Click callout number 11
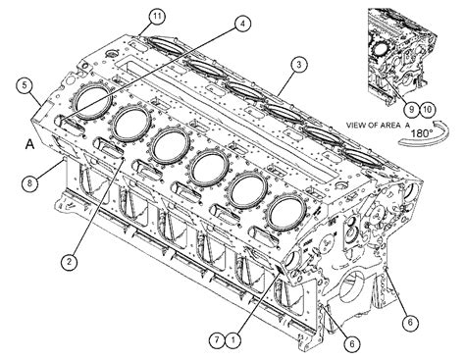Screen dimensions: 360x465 click(157, 16)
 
